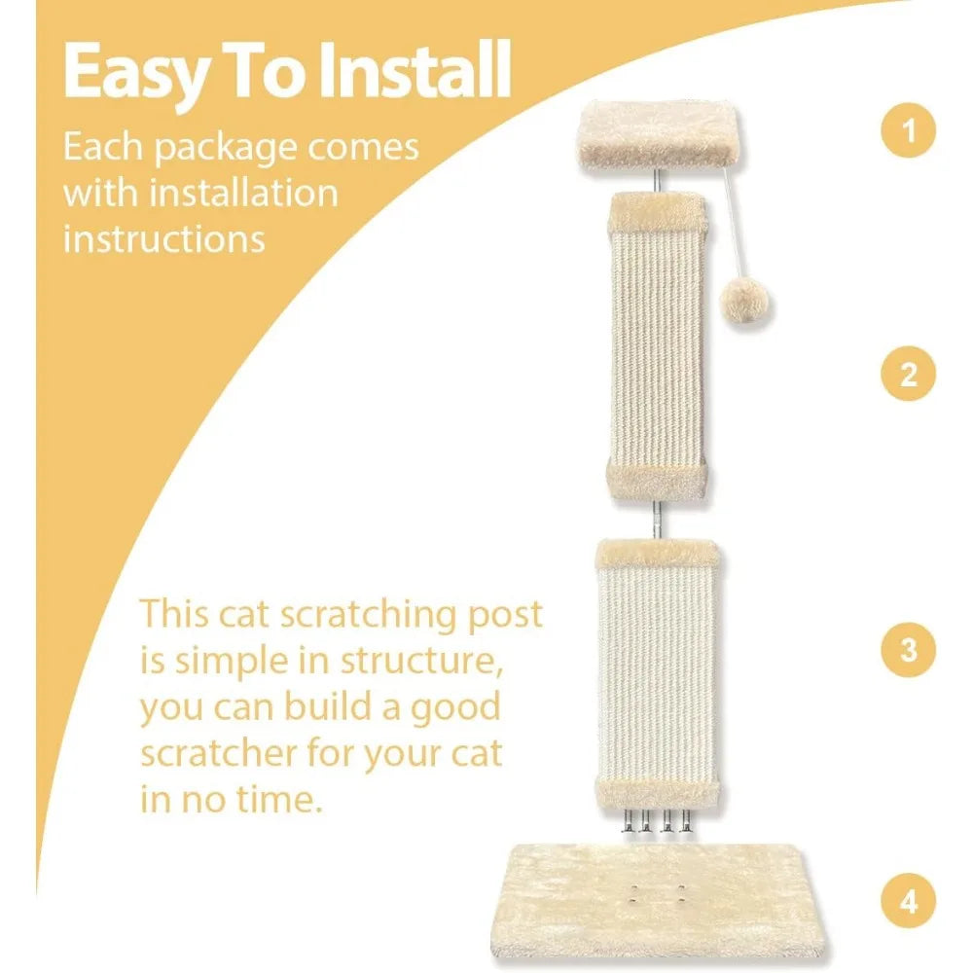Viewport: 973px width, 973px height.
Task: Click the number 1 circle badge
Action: tap(908, 130)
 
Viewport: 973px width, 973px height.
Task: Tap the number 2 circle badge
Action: tap(908, 375)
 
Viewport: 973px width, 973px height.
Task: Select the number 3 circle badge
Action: tap(908, 649)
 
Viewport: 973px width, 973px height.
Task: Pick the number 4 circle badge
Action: tap(908, 902)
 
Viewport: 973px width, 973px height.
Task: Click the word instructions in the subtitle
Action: tap(164, 236)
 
